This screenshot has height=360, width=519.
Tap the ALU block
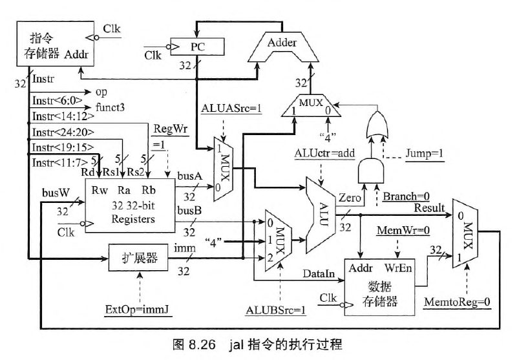pos(321,214)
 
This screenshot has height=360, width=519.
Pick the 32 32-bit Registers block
pos(129,205)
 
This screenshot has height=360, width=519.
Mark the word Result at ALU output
pos(429,207)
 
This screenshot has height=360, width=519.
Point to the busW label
pos(53,192)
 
